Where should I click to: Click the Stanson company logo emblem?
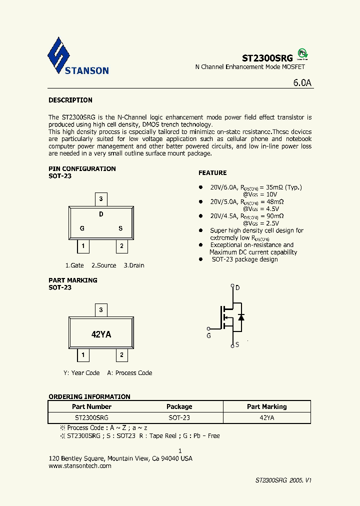[x=58, y=55]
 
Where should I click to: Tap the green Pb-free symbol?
[x=302, y=53]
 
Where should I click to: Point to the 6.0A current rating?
[x=302, y=83]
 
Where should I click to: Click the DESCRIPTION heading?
[x=70, y=100]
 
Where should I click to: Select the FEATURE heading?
[x=212, y=173]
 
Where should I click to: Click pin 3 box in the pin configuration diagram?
[x=101, y=199]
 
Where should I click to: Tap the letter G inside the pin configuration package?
[x=82, y=228]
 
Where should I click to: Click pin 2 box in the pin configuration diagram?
[x=121, y=246]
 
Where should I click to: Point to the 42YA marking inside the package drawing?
[x=101, y=334]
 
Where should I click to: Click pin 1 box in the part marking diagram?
[x=82, y=355]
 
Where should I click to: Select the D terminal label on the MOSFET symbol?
[x=237, y=287]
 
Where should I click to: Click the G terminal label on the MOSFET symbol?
[x=209, y=335]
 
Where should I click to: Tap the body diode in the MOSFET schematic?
[x=241, y=317]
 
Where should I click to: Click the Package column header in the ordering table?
[x=179, y=406]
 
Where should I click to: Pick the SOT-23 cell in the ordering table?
[x=179, y=417]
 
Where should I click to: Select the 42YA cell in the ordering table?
[x=266, y=417]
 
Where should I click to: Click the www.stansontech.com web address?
[x=80, y=465]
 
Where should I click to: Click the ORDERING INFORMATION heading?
[x=89, y=396]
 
